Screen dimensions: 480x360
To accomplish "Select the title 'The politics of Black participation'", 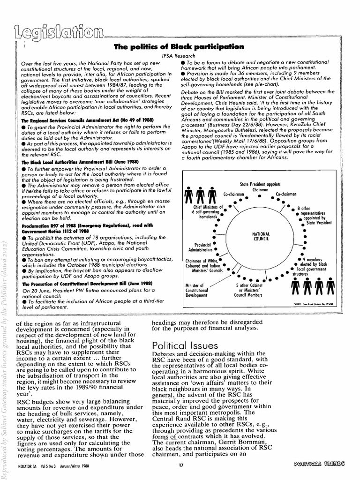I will coord(179,46).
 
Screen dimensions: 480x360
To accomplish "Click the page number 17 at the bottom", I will coord(180,465).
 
